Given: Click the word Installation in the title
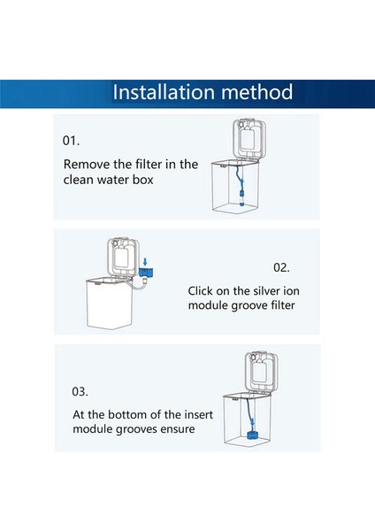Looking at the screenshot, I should (x=161, y=92).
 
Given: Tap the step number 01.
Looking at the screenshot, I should (x=71, y=141).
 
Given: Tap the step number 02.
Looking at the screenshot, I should (x=281, y=266).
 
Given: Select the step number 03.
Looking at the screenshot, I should (x=80, y=390).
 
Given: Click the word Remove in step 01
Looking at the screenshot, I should (x=87, y=164).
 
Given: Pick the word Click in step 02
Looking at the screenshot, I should (x=204, y=289).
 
